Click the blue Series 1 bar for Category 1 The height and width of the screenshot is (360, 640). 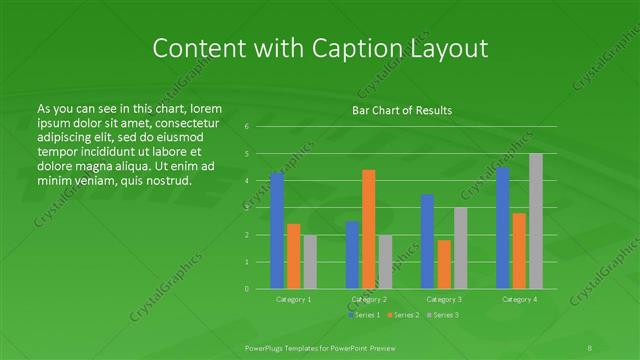tap(277, 230)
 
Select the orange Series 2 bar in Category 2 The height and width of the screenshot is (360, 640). tap(369, 229)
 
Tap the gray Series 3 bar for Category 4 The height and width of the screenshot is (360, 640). tap(536, 221)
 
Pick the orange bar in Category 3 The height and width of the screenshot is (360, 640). tap(444, 264)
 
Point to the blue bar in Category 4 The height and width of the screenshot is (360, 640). tap(503, 228)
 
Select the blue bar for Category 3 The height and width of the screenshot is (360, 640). tap(428, 241)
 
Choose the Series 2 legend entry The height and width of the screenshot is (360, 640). tap(405, 315)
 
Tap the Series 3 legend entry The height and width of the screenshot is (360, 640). tap(444, 315)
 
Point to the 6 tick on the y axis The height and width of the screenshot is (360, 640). tap(246, 127)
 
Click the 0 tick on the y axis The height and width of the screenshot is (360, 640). tap(246, 288)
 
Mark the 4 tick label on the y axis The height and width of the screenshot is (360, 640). tap(246, 181)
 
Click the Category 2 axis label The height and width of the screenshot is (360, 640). tap(369, 299)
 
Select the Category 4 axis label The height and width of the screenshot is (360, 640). tap(519, 299)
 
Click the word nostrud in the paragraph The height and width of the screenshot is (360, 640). tap(166, 180)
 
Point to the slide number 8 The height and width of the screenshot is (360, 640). tap(590, 346)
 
